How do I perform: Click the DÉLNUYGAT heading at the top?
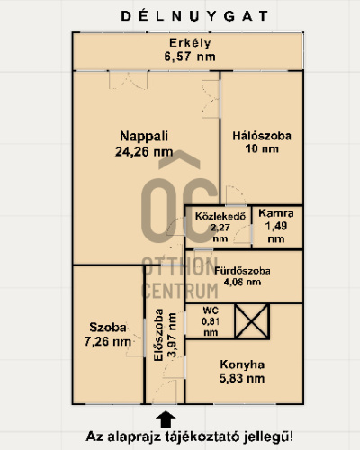(194, 16)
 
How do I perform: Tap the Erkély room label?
(190, 43)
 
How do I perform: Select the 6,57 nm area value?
(190, 57)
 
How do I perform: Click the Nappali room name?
(144, 137)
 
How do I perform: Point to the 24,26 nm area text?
(144, 151)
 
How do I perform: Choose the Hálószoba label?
(262, 136)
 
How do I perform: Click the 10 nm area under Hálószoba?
(262, 148)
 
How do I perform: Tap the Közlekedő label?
(220, 216)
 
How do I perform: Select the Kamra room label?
(276, 213)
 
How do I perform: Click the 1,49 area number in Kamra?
(276, 226)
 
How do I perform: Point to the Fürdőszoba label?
(242, 271)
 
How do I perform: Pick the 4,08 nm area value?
(242, 282)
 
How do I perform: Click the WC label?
(211, 310)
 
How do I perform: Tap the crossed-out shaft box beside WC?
(252, 321)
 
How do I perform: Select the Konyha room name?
(242, 364)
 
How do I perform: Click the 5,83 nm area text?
(242, 378)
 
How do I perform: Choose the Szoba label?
(108, 328)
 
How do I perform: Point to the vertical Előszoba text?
(158, 335)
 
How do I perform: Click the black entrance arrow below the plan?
(166, 419)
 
